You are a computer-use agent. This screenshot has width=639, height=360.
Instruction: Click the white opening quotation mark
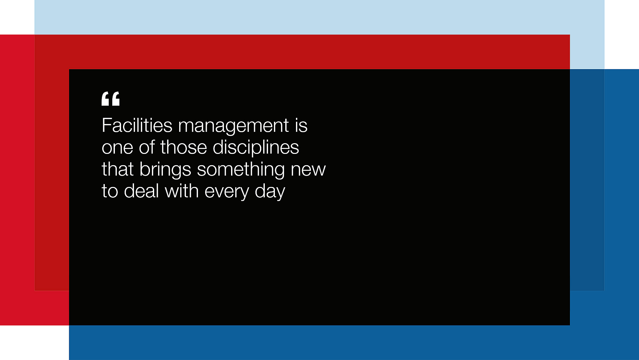click(110, 99)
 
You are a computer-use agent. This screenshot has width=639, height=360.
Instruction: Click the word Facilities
click(137, 125)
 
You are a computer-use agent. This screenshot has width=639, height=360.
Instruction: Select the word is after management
click(301, 125)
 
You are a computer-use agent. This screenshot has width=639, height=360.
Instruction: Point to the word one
click(117, 148)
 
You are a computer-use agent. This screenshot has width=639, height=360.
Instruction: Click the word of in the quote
click(147, 147)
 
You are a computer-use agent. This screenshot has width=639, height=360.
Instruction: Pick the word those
click(183, 147)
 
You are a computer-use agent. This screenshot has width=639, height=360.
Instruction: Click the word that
click(117, 169)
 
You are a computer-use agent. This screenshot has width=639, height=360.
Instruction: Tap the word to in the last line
click(110, 191)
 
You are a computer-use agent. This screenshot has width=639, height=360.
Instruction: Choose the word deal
click(141, 191)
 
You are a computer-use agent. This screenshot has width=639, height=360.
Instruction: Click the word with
click(182, 191)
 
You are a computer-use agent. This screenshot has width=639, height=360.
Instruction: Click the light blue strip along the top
click(319, 17)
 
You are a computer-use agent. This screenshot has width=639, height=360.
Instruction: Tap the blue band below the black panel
click(354, 342)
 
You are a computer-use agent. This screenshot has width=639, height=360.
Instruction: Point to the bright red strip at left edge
click(17, 180)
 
